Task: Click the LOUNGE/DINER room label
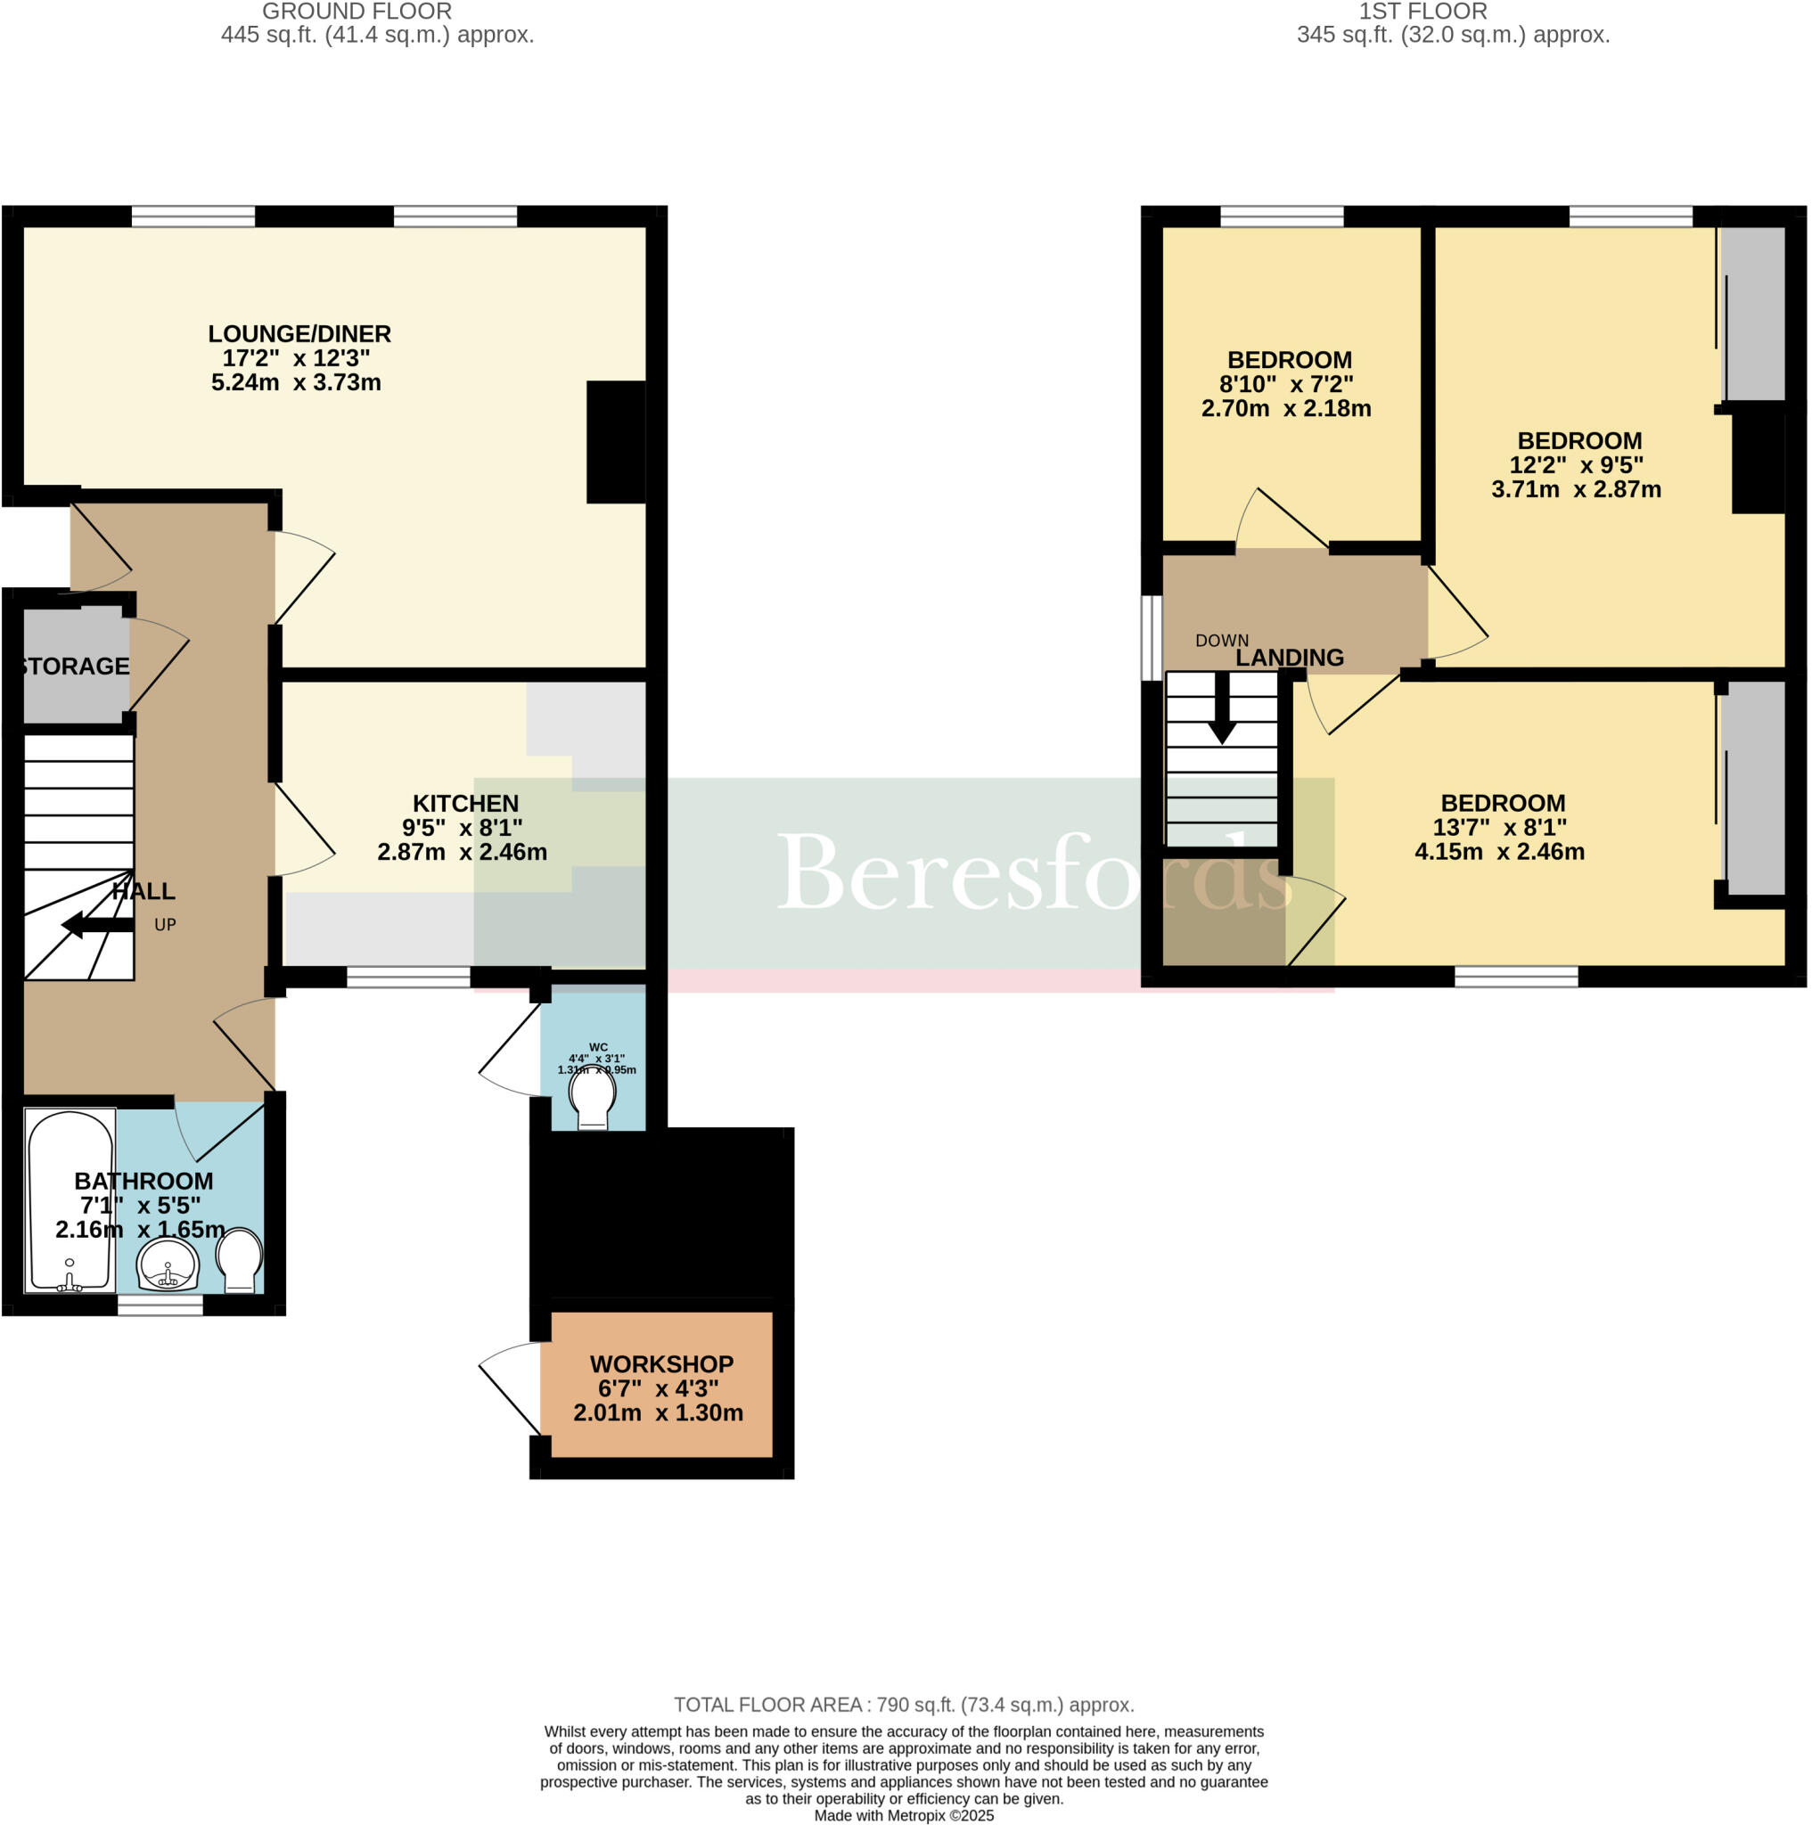point(299,333)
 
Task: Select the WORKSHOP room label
point(661,1364)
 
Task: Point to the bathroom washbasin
point(168,1264)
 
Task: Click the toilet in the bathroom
point(239,1260)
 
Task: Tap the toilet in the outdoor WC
point(593,1101)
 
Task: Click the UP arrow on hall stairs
point(94,925)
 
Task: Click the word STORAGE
point(76,666)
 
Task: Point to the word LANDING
point(1290,658)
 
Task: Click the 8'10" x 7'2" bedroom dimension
point(1286,384)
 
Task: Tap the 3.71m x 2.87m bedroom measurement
point(1576,489)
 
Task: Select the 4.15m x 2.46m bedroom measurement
point(1499,851)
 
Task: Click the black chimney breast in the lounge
point(616,441)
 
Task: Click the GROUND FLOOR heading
point(357,12)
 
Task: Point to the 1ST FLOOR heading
point(1423,12)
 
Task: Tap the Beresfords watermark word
point(1035,872)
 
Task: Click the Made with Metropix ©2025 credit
point(903,1814)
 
